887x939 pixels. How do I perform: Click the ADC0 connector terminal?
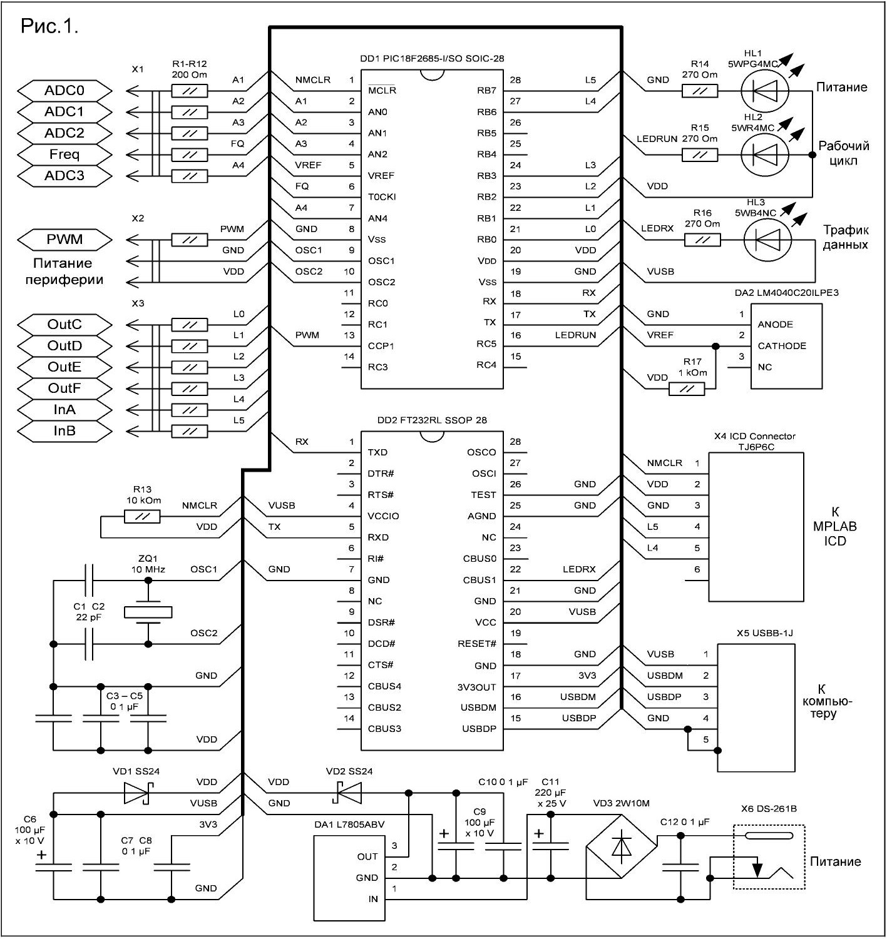64,91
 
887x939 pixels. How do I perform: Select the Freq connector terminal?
64,155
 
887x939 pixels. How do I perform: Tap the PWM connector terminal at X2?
64,240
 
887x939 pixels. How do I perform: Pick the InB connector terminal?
64,431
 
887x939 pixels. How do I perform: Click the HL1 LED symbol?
764,91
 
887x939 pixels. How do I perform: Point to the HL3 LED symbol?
767,240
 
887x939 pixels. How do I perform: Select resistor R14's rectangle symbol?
699,91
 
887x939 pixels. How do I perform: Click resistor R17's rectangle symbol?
686,389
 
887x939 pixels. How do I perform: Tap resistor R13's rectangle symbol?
142,517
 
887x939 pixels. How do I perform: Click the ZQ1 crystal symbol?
148,612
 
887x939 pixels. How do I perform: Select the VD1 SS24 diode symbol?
139,793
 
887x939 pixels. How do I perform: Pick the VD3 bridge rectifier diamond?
621,846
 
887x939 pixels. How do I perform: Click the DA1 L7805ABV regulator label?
349,825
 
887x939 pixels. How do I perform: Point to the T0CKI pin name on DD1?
381,197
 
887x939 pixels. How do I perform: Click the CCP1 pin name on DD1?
381,346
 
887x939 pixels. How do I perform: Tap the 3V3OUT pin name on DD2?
476,688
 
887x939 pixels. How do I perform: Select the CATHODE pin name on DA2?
781,346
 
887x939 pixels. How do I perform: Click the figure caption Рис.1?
49,26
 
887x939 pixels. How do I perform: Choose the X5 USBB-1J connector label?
764,633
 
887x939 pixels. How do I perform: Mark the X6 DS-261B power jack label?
769,809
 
